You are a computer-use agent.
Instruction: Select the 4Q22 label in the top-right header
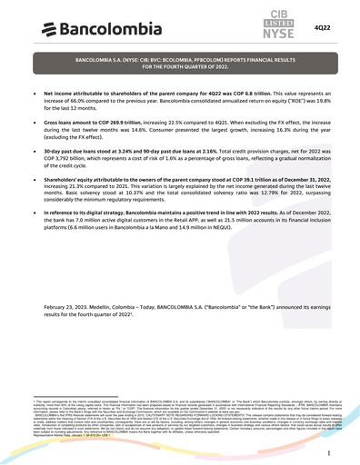click(x=322, y=28)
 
